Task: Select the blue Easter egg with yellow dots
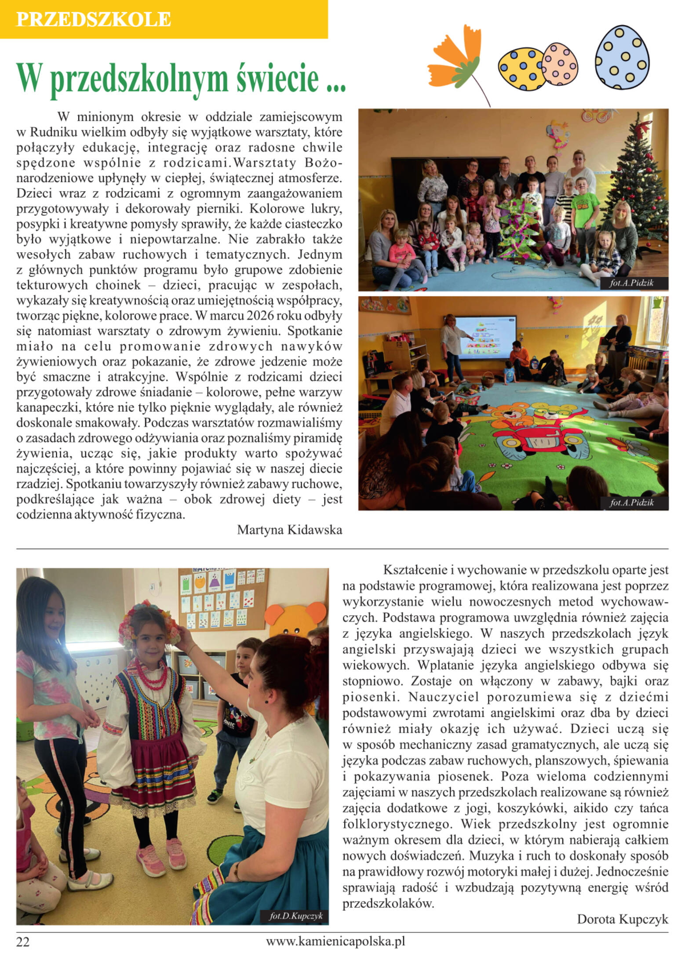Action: (x=622, y=57)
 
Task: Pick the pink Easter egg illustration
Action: (x=560, y=64)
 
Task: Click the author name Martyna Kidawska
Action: (x=289, y=530)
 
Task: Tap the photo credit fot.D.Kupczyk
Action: (x=296, y=916)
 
